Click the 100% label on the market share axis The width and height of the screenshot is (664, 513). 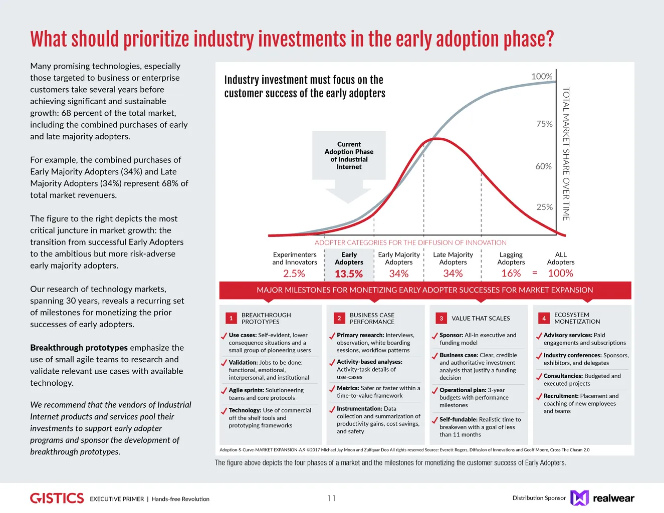click(x=542, y=77)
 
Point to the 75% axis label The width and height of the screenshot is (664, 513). click(x=544, y=124)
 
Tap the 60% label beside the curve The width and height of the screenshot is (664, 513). click(x=543, y=166)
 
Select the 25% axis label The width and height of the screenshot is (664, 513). click(x=544, y=207)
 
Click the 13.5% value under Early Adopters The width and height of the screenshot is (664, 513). click(x=349, y=274)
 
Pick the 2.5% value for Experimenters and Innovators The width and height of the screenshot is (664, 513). click(x=294, y=274)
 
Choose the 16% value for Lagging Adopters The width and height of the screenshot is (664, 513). click(x=511, y=273)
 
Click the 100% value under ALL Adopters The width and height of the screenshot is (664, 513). click(x=560, y=273)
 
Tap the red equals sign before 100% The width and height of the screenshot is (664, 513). click(x=535, y=273)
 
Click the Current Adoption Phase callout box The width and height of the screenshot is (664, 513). click(x=349, y=155)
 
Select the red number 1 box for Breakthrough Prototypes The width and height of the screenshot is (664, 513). click(x=231, y=318)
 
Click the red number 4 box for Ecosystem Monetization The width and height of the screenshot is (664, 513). click(x=544, y=318)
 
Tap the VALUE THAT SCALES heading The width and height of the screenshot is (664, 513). click(x=481, y=318)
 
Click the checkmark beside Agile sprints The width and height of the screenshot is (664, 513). click(x=224, y=391)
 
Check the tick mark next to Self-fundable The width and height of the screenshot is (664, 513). click(x=434, y=420)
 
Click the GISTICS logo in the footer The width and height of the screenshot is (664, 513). click(x=57, y=498)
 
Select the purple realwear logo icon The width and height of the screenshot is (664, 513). click(x=579, y=498)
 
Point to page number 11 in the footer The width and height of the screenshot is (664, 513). click(x=332, y=498)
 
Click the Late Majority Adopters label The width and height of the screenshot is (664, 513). click(x=453, y=259)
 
